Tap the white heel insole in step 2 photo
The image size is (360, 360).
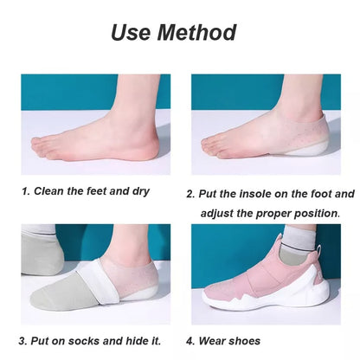(x=320, y=154)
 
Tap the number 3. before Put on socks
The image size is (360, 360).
(x=24, y=341)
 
